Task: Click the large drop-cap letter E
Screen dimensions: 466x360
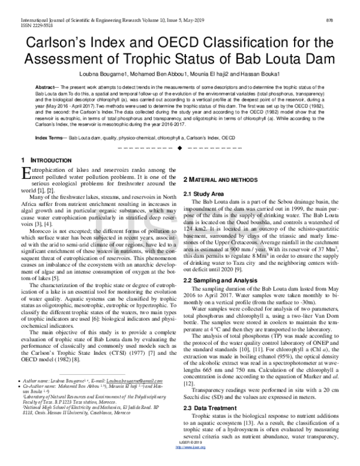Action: coord(25,174)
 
